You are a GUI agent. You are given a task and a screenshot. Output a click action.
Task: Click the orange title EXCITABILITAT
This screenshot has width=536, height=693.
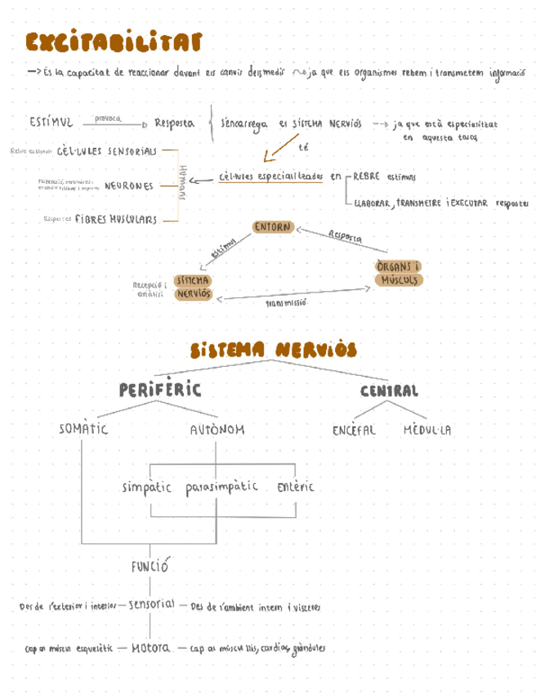(x=114, y=42)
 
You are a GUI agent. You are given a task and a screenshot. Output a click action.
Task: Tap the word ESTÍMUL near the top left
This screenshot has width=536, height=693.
(x=51, y=123)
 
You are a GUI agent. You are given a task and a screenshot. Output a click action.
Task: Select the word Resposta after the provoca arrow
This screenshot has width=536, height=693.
(x=173, y=123)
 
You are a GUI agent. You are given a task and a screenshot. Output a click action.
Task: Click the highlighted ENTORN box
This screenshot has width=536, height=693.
(x=272, y=228)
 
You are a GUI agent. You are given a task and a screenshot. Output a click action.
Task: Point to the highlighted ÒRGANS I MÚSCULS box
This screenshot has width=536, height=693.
(x=399, y=273)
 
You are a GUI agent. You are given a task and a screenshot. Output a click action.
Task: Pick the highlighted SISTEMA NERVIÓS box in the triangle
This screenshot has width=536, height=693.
(x=194, y=286)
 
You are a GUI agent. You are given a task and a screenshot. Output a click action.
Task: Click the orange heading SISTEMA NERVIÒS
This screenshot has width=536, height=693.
(x=273, y=351)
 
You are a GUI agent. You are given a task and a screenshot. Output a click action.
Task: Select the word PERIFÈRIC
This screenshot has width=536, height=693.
(x=159, y=390)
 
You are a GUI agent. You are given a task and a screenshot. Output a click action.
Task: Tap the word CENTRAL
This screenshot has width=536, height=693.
(x=389, y=391)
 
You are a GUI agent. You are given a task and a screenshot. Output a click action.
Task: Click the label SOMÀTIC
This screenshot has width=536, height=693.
(x=83, y=429)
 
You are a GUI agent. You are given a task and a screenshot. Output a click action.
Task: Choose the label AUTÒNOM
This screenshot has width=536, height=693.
(x=217, y=429)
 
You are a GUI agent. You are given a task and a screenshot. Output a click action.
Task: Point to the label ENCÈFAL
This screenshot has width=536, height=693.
(x=354, y=430)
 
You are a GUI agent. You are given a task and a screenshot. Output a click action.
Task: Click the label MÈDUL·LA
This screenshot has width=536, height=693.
(x=427, y=430)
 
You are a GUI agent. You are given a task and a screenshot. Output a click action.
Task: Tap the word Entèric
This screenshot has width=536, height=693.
(x=291, y=487)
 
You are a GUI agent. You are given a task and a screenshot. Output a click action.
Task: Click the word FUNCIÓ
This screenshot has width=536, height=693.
(x=150, y=565)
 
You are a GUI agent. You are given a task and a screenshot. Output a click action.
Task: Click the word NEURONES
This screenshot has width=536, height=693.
(x=128, y=186)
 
